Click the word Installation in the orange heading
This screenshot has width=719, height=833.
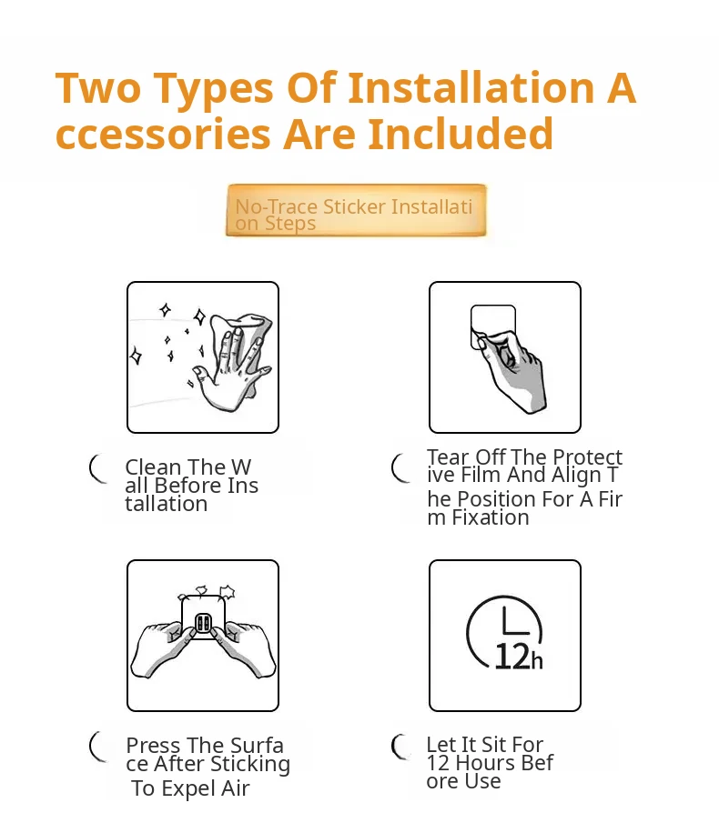point(471,87)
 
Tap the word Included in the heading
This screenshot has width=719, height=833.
point(461,134)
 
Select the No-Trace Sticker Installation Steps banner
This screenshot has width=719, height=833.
point(356,210)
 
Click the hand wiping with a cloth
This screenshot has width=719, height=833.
point(234,362)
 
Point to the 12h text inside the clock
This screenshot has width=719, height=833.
point(519,657)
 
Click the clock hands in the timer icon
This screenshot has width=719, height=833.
point(516,621)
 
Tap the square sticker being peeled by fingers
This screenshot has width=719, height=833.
point(493,326)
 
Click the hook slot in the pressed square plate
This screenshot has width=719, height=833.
point(203,623)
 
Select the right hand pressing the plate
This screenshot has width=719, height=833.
point(244,649)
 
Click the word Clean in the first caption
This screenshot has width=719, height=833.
point(153,467)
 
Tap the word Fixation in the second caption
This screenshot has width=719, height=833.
point(491,517)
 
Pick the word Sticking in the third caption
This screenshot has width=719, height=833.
point(250,765)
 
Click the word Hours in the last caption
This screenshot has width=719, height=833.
point(485,763)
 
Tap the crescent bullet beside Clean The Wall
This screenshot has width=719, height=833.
point(98,469)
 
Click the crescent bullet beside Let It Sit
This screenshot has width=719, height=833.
point(400,747)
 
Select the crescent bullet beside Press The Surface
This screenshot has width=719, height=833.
point(98,747)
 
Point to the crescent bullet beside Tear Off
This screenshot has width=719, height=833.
point(400,468)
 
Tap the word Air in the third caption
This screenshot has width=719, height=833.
point(235,788)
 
